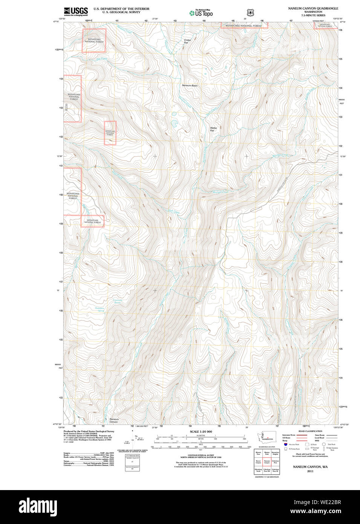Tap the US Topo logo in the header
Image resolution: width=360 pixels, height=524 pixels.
point(201,13)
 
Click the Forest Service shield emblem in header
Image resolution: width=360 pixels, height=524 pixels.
point(250,12)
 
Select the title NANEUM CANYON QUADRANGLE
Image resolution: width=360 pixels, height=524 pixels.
point(313,8)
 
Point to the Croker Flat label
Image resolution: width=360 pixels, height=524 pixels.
point(187,41)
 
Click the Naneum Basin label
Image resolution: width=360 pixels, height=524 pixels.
point(190,86)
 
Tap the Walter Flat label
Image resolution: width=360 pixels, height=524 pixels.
point(214,129)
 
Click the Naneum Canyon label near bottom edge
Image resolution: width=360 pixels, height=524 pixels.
point(114,420)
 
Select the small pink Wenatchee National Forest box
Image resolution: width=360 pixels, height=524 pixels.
point(110,133)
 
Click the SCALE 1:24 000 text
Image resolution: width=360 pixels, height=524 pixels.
point(201,432)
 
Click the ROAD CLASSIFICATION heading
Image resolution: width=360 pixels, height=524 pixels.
point(310,431)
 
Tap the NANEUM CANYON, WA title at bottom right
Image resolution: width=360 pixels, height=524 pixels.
point(310,467)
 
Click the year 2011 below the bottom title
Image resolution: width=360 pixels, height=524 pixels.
point(310,471)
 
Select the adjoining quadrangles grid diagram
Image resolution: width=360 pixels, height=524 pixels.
point(267,462)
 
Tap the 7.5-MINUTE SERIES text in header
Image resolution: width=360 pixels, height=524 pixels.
point(313,15)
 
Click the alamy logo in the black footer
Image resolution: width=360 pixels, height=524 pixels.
point(38,507)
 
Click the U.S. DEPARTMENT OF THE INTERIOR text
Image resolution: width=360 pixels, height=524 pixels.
point(121,9)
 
